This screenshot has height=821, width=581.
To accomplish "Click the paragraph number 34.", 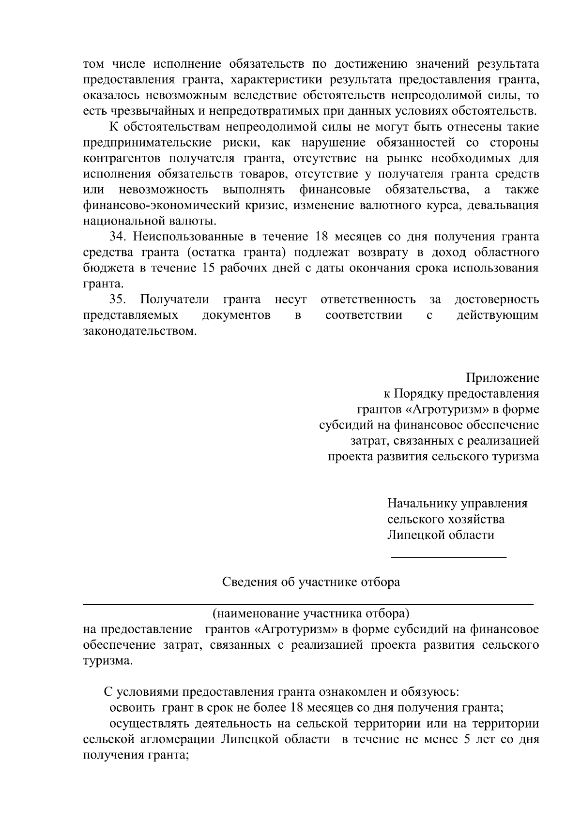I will [118, 237].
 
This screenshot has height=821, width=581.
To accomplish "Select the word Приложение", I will [503, 378].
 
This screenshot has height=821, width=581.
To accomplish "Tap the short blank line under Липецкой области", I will [448, 558].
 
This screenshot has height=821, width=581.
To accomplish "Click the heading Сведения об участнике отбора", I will [311, 582].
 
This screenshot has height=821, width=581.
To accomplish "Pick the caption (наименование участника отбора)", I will [311, 614].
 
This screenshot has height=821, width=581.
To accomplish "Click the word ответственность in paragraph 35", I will [368, 300].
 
